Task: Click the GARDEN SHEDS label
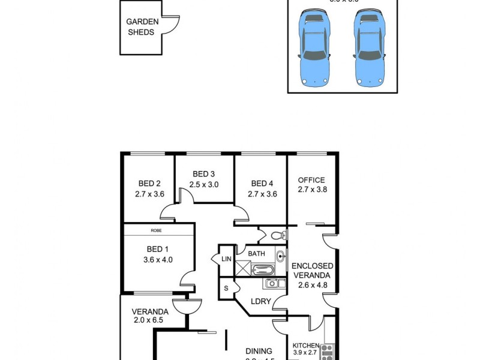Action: tap(142, 27)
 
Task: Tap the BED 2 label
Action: tap(149, 184)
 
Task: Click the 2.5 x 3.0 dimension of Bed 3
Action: tap(204, 185)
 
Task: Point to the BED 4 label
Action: tap(262, 184)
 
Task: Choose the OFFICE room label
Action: tap(311, 180)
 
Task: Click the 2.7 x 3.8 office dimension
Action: tap(311, 190)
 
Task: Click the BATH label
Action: tap(257, 254)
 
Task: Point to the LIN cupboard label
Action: tap(226, 259)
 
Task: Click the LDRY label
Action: tap(261, 301)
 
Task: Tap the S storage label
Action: tap(226, 289)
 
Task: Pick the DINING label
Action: tap(259, 352)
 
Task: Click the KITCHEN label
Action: tap(306, 346)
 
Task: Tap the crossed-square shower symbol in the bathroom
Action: tap(242, 268)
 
